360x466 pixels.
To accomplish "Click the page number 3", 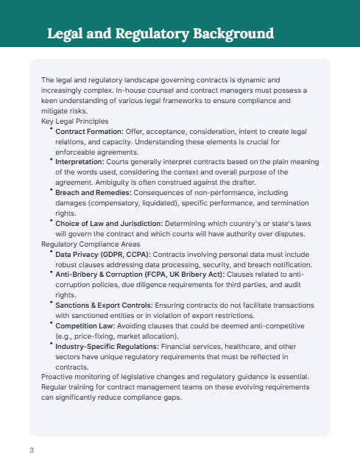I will pos(32,451).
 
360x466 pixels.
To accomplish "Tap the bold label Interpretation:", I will pos(80,161).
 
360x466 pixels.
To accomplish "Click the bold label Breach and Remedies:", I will pos(94,192).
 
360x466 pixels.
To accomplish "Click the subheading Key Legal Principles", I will pos(75,121).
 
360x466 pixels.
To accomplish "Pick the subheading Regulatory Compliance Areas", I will pos(88,244).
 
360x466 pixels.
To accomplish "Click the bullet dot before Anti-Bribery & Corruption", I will pos(52,272).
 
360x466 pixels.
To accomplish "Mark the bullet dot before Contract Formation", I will pos(52,129).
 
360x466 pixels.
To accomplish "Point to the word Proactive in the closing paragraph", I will pos(57,377).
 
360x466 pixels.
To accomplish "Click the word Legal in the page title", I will pos(67,34).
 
